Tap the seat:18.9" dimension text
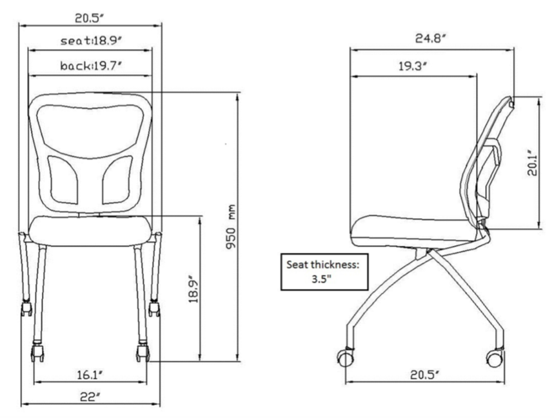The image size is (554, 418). click(91, 41)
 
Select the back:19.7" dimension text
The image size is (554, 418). click(91, 65)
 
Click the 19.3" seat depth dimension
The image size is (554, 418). click(413, 66)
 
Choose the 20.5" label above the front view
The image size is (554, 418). click(90, 17)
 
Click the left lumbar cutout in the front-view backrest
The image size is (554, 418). click(63, 179)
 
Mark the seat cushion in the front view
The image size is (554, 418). click(90, 230)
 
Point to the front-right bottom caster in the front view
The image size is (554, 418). click(143, 352)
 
